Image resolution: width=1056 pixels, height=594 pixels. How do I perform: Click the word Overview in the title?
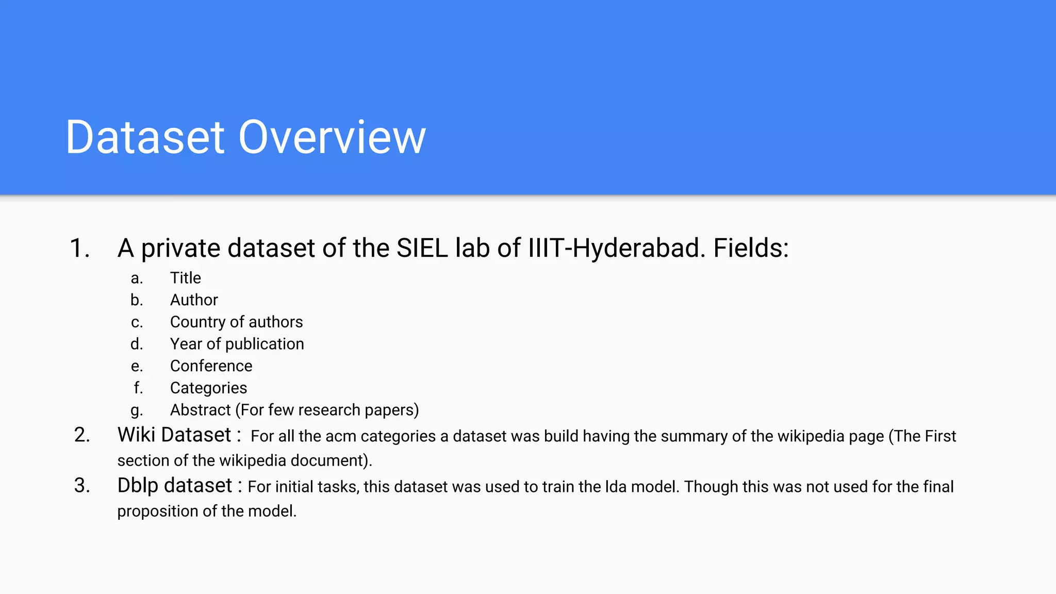332,137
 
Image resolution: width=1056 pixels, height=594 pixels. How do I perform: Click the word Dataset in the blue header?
145,137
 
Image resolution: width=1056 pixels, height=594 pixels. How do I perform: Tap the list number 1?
79,248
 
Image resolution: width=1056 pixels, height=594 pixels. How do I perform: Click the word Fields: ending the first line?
751,248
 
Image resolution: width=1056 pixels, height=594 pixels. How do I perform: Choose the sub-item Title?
186,278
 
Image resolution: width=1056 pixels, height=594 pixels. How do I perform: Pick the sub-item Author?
194,300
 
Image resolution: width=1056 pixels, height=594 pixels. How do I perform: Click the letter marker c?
137,322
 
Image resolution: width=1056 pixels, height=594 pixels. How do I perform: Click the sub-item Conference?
211,366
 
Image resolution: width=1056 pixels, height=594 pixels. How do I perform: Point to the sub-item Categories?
208,388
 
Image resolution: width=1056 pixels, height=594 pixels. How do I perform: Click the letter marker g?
137,410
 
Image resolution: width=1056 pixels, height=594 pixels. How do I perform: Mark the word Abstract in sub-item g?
201,410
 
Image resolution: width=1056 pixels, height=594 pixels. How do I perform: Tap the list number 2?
82,435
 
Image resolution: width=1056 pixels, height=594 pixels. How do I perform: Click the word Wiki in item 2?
136,435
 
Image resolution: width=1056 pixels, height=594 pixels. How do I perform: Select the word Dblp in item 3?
138,486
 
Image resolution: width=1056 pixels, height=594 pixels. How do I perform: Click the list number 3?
82,486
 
